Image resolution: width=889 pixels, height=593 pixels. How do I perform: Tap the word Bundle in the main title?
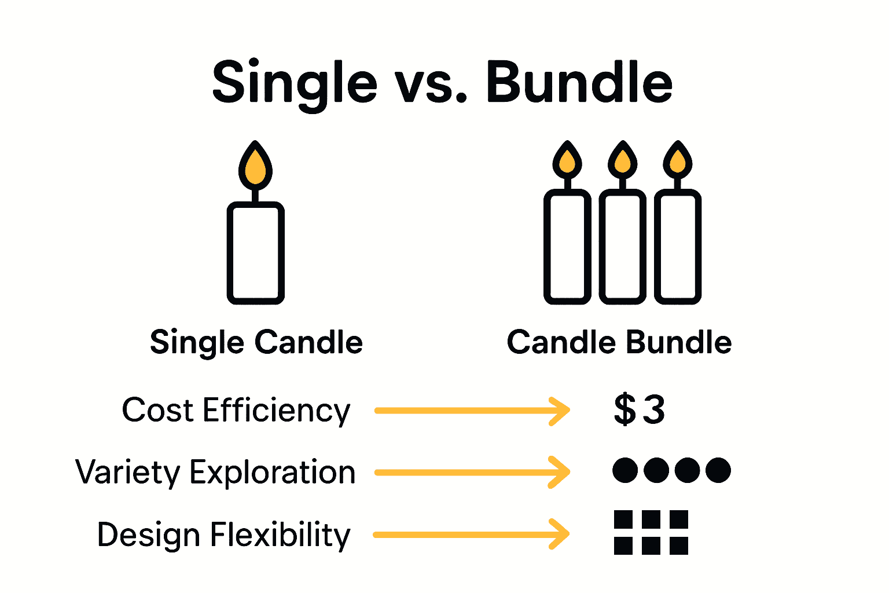pyautogui.click(x=579, y=83)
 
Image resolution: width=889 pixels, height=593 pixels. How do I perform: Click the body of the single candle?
pyautogui.click(x=255, y=253)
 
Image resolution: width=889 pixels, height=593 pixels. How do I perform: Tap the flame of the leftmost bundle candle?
pyautogui.click(x=567, y=161)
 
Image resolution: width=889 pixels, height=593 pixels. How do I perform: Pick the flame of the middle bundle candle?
pyautogui.click(x=623, y=161)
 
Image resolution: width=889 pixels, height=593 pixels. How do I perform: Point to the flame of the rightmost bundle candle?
pyautogui.click(x=678, y=161)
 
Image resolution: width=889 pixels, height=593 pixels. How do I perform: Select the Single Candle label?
pyautogui.click(x=256, y=342)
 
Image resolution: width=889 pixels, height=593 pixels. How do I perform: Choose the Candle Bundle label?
pyautogui.click(x=619, y=342)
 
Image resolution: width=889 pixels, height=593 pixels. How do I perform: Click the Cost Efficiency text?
pyautogui.click(x=236, y=411)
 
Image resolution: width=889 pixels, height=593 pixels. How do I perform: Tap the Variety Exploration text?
pyautogui.click(x=215, y=473)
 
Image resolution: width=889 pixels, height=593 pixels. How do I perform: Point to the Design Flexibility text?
pyautogui.click(x=223, y=535)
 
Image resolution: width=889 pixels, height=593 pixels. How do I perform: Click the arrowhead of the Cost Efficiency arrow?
pyautogui.click(x=560, y=411)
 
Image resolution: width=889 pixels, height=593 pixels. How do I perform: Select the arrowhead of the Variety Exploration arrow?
pyautogui.click(x=560, y=473)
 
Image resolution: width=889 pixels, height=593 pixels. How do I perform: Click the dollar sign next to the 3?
pyautogui.click(x=625, y=409)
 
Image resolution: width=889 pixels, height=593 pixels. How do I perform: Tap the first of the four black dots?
pyautogui.click(x=625, y=470)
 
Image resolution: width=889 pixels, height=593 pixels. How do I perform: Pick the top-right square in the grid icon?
pyautogui.click(x=678, y=519)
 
